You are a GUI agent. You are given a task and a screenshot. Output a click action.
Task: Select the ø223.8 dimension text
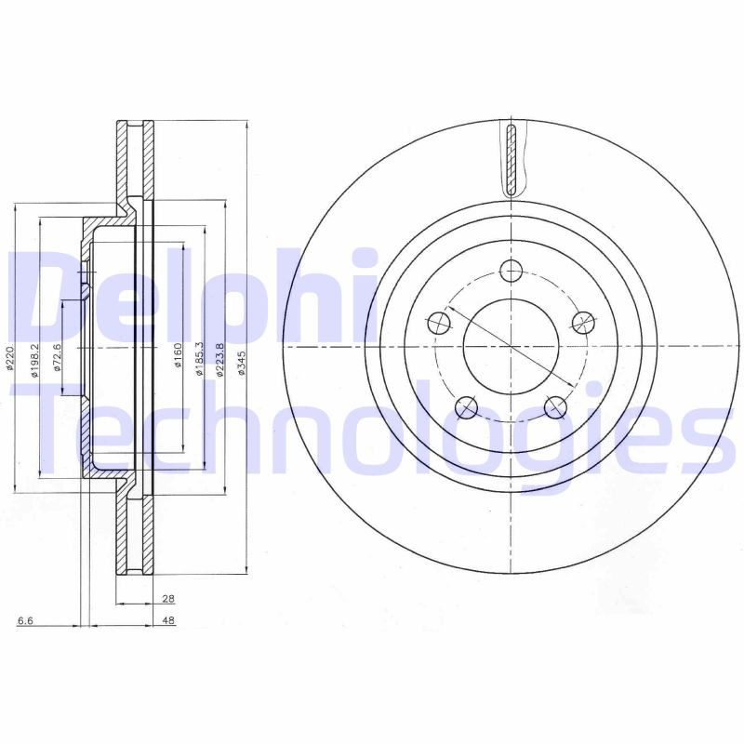(x=220, y=360)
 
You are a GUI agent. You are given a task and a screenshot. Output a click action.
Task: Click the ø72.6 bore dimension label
(x=58, y=358)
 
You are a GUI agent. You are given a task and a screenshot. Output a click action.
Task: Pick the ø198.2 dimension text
(x=35, y=360)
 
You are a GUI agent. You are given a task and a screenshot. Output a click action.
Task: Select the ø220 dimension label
(x=9, y=358)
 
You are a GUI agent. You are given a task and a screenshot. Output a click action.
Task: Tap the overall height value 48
(x=168, y=620)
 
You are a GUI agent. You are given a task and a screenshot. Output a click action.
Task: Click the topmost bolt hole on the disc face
(x=511, y=271)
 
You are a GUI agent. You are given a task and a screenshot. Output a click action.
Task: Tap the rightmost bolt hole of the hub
(x=582, y=323)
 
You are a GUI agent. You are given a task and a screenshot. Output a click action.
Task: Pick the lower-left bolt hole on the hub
(x=466, y=406)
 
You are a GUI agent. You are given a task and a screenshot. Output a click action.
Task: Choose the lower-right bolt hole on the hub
(x=555, y=406)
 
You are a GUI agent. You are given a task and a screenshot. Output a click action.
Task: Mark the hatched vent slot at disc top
(x=510, y=158)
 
